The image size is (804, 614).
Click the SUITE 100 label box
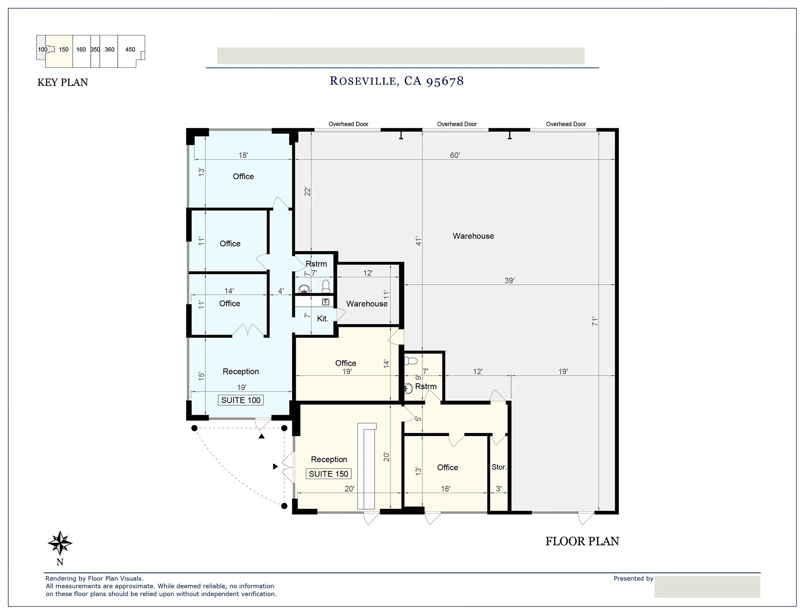pos(241,400)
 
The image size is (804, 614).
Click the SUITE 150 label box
pos(329,474)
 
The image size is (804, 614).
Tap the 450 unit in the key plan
pos(130,50)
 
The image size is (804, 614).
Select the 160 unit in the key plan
pos(81,50)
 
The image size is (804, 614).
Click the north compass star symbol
pos(60,543)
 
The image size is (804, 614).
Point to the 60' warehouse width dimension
pos(455,155)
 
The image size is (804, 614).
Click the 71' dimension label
pos(595,322)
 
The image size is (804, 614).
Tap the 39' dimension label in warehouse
pos(509,281)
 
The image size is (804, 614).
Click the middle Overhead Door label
pos(457,124)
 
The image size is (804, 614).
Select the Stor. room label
pos(499,467)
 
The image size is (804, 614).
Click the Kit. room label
pos(322,319)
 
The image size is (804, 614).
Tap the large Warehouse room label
pos(473,236)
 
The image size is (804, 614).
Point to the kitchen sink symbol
pos(325,302)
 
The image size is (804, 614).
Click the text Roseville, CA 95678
pos(397,81)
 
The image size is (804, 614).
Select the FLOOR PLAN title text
pos(582,541)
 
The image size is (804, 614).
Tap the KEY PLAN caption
pos(63,82)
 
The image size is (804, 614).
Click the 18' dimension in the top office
pos(243,155)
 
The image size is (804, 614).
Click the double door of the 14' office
pos(248,330)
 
